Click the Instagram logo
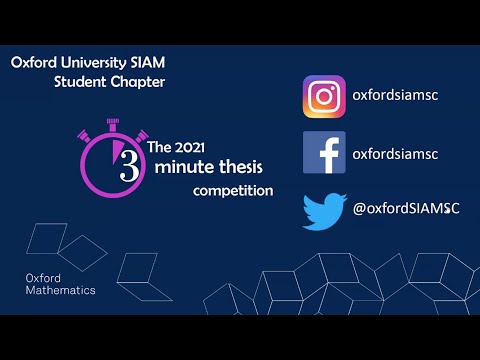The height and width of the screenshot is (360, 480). click(x=324, y=97)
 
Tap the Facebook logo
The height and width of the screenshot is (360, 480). click(x=324, y=153)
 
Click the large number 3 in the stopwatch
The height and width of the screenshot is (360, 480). click(x=129, y=166)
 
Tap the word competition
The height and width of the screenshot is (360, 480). click(x=233, y=190)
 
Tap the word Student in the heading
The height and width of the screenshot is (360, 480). click(x=80, y=81)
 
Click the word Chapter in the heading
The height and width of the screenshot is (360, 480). click(x=137, y=81)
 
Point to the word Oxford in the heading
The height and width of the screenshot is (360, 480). click(x=33, y=62)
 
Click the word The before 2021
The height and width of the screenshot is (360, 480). click(x=159, y=147)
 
